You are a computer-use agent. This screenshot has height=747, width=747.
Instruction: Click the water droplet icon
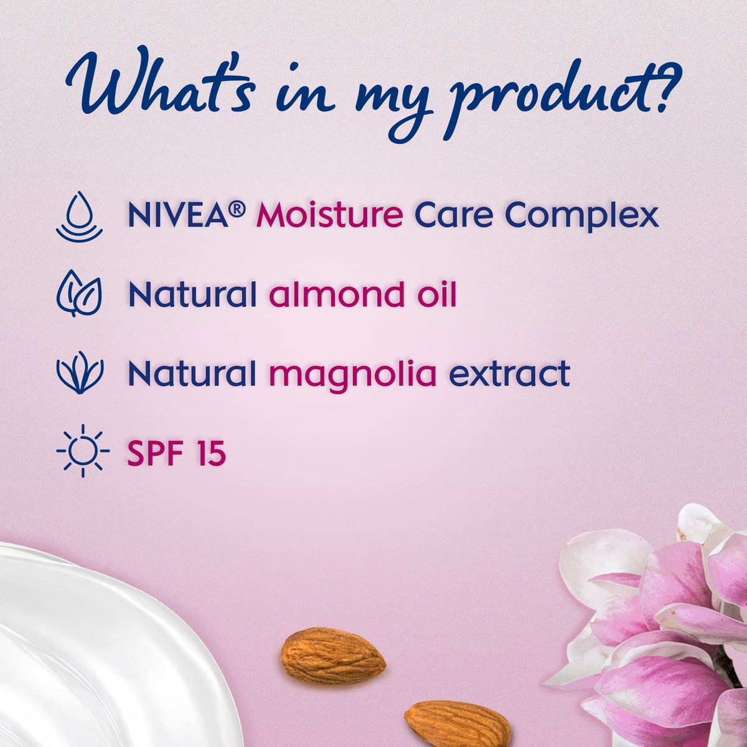point(80,216)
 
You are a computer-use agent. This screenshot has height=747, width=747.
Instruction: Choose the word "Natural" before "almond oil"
point(192,294)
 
